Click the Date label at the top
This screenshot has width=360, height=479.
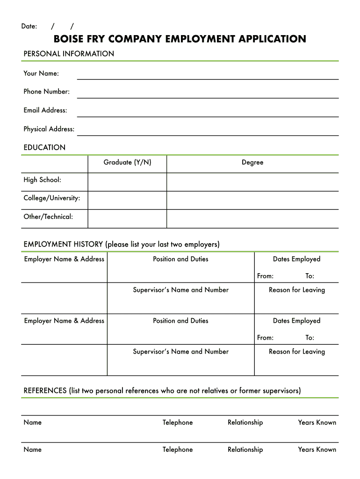[x=29, y=26]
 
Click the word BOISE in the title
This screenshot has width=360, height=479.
[x=68, y=39]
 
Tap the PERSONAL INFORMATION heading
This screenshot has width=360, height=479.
[x=69, y=54]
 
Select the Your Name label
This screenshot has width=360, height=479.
[x=41, y=73]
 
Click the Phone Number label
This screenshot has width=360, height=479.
[x=46, y=92]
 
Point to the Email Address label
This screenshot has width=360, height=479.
[x=45, y=110]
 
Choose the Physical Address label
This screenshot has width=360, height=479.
[x=49, y=129]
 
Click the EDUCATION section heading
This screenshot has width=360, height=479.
[x=44, y=148]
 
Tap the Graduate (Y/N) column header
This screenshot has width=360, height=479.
[x=127, y=162]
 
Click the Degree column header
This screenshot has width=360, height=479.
[x=252, y=162]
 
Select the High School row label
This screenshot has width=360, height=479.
[x=42, y=180]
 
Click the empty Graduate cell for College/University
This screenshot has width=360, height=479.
[x=127, y=200]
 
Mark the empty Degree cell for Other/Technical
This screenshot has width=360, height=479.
[x=252, y=219]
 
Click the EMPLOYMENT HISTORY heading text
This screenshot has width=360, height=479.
[x=63, y=244]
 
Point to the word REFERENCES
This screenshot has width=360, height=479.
[x=45, y=391]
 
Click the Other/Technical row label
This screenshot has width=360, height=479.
[x=48, y=217]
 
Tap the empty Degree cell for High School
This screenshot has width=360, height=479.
[x=252, y=182]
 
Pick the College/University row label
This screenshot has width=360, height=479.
[x=51, y=198]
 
